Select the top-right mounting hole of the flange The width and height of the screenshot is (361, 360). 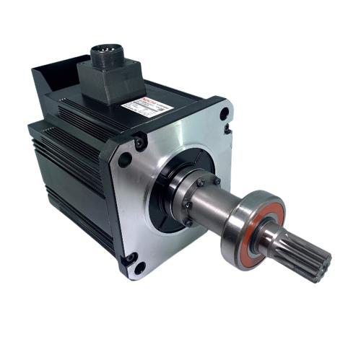click(224, 114)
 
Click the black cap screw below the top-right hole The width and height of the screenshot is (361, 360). click(229, 130)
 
